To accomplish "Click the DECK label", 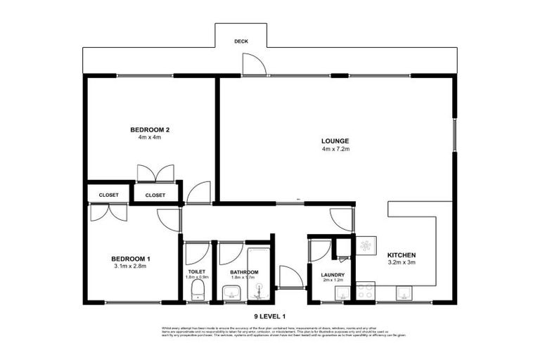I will click(240, 41).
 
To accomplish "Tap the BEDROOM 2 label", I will click(150, 129).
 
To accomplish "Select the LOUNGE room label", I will click(335, 141).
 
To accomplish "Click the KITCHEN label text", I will click(401, 255).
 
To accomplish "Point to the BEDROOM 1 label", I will click(131, 259).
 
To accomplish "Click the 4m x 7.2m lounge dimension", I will click(335, 149).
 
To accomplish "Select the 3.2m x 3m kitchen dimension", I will click(401, 262).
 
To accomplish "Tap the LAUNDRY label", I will click(332, 275).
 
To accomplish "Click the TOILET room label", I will click(197, 272).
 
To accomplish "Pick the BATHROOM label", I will click(244, 272).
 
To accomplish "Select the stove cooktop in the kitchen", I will click(365, 290).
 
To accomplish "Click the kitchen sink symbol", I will click(405, 292).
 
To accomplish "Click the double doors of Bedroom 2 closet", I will click(155, 174).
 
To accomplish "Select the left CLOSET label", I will click(109, 195).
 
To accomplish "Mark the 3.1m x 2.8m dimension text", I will click(131, 266).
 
